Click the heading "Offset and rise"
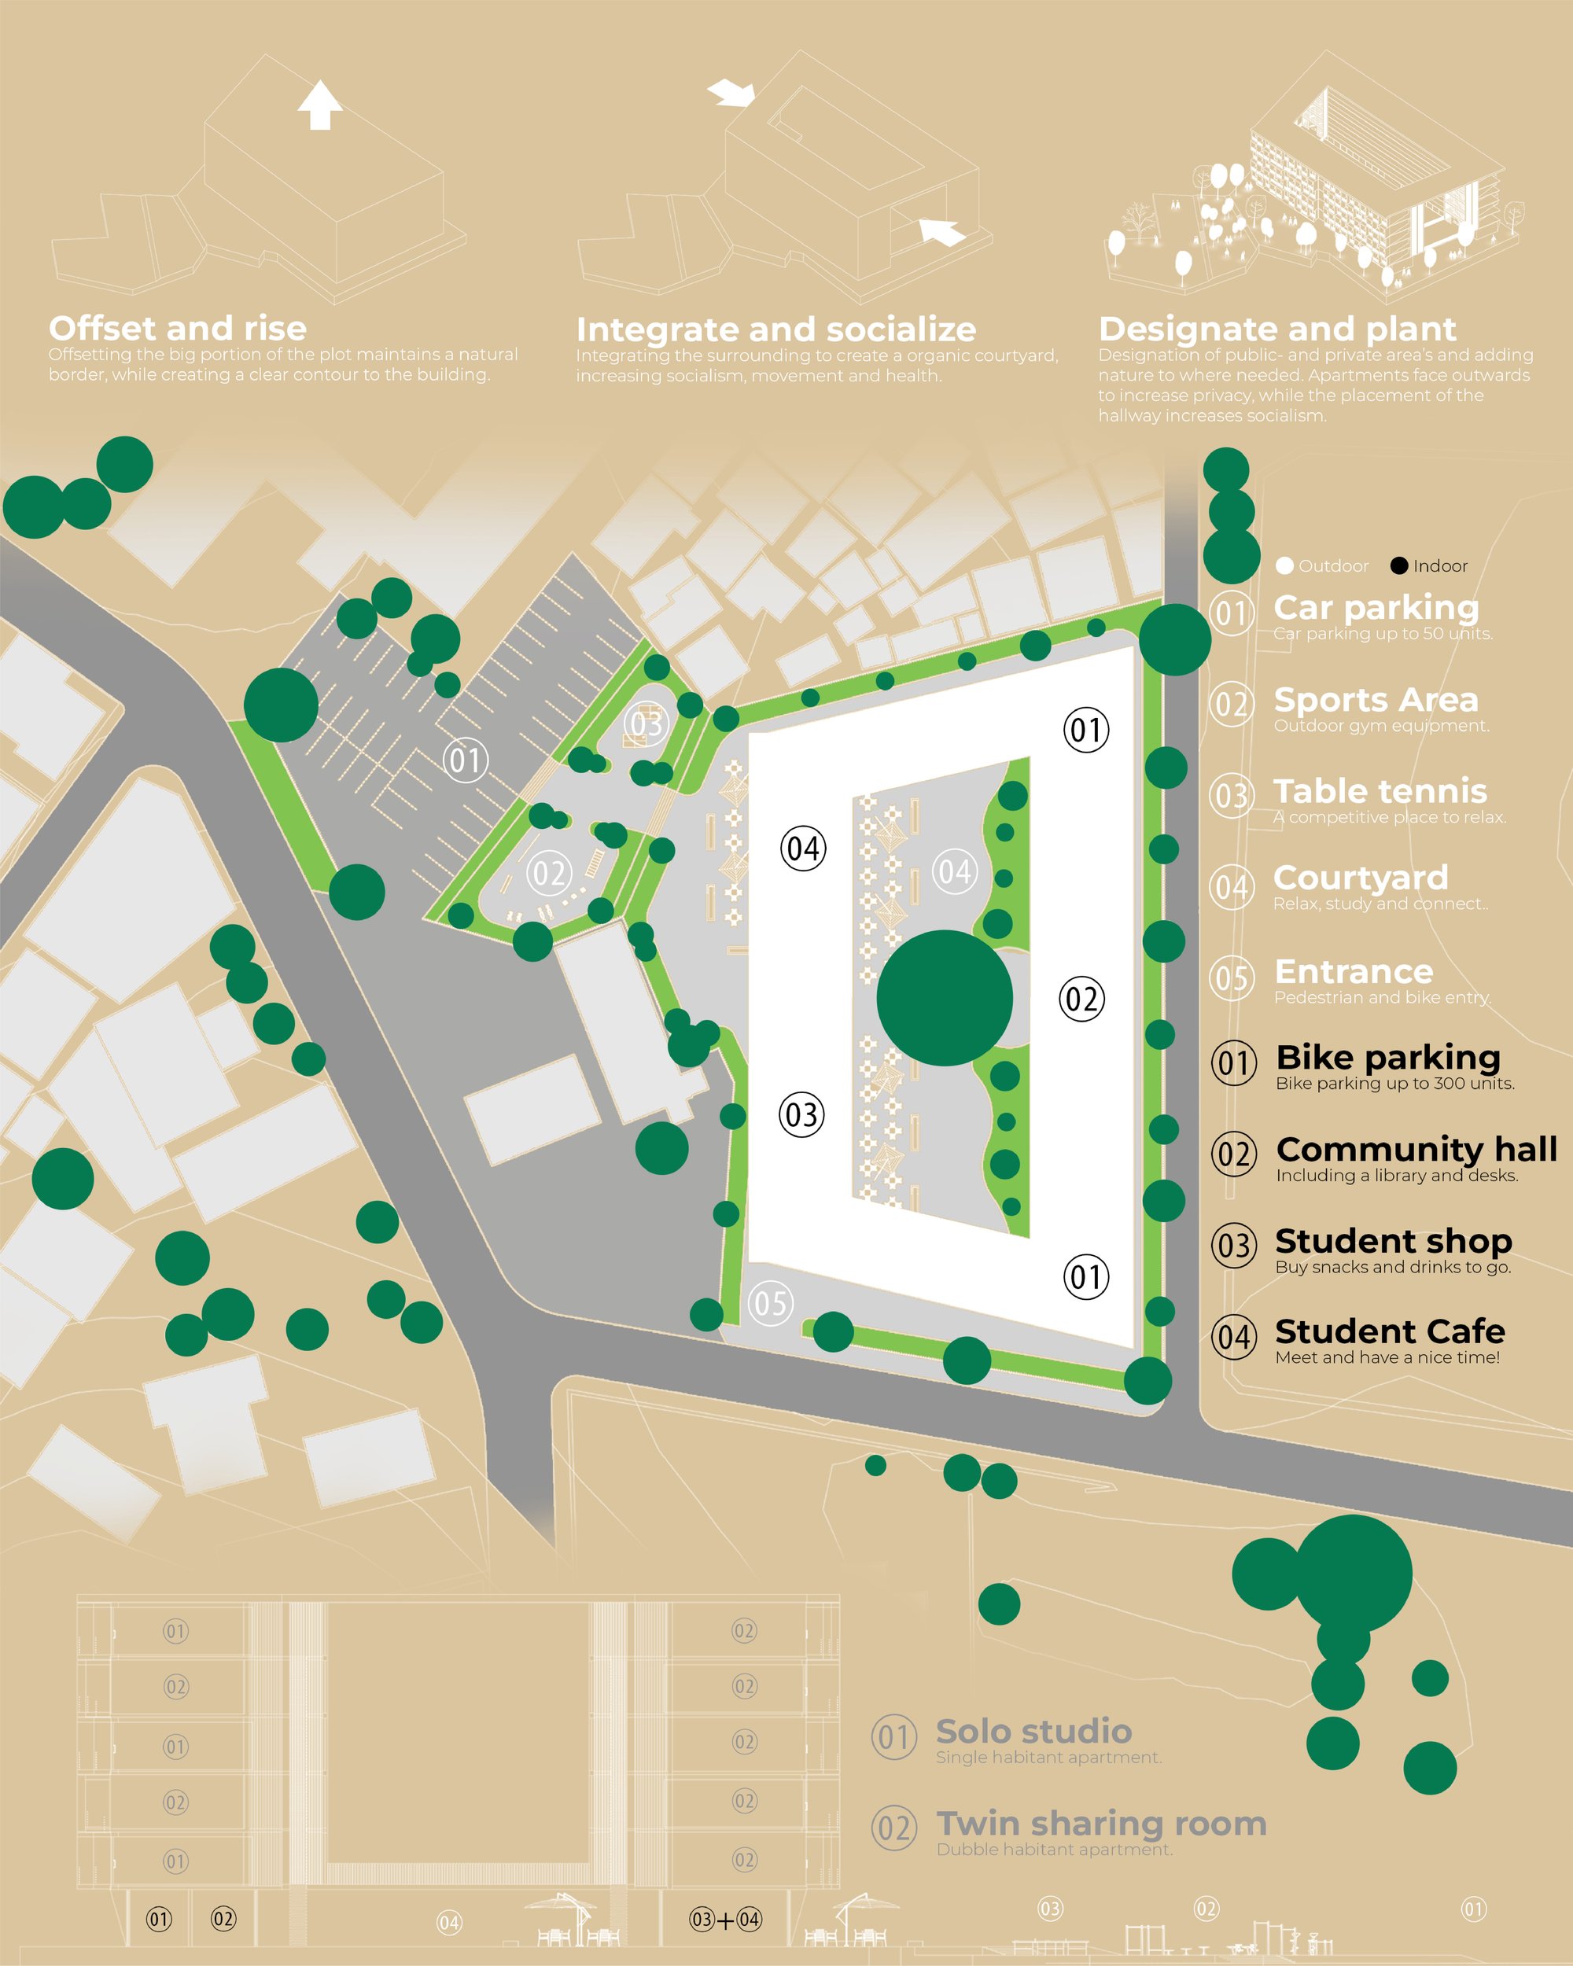178,328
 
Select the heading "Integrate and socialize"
776,330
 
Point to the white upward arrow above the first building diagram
319,105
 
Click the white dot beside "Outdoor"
1285,565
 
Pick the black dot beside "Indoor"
1399,565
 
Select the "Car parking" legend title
1376,607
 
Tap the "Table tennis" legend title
1380,790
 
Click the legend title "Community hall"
1417,1149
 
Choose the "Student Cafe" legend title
1390,1331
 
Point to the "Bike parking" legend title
1388,1058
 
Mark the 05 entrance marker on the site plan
771,1303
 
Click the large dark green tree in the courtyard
945,998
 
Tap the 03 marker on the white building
801,1114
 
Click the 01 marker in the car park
466,760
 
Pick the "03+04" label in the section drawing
725,1920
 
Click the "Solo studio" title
1034,1731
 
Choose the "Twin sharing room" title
1102,1823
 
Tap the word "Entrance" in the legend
1354,971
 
